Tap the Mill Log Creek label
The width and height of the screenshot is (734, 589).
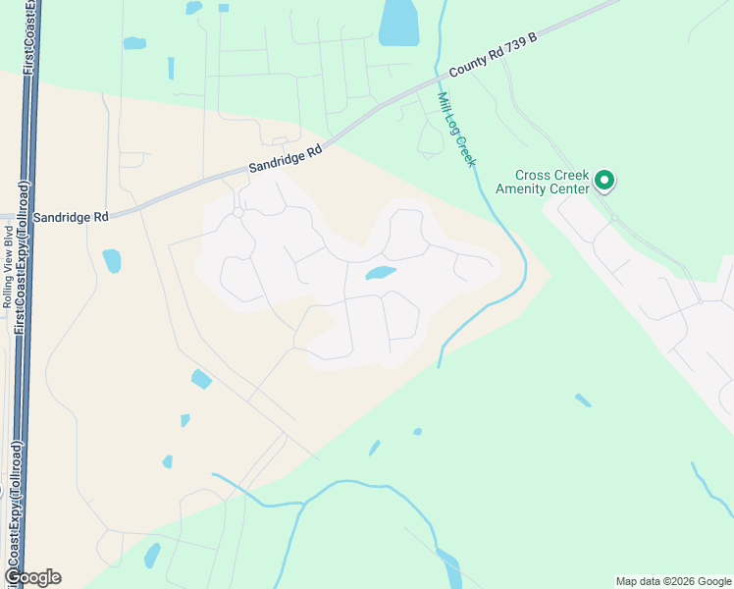pos(456,130)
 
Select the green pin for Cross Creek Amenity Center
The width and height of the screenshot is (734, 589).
pos(605,181)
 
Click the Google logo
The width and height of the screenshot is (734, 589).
pos(32,577)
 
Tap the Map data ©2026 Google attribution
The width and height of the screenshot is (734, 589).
pos(673,581)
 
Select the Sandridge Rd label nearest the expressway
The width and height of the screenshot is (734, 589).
pos(71,216)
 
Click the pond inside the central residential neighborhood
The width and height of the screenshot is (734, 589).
pos(381,273)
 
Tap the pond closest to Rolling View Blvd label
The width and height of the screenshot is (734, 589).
pos(112,260)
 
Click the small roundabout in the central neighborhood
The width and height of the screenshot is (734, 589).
pos(238,212)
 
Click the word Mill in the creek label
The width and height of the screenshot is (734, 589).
pos(445,104)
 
